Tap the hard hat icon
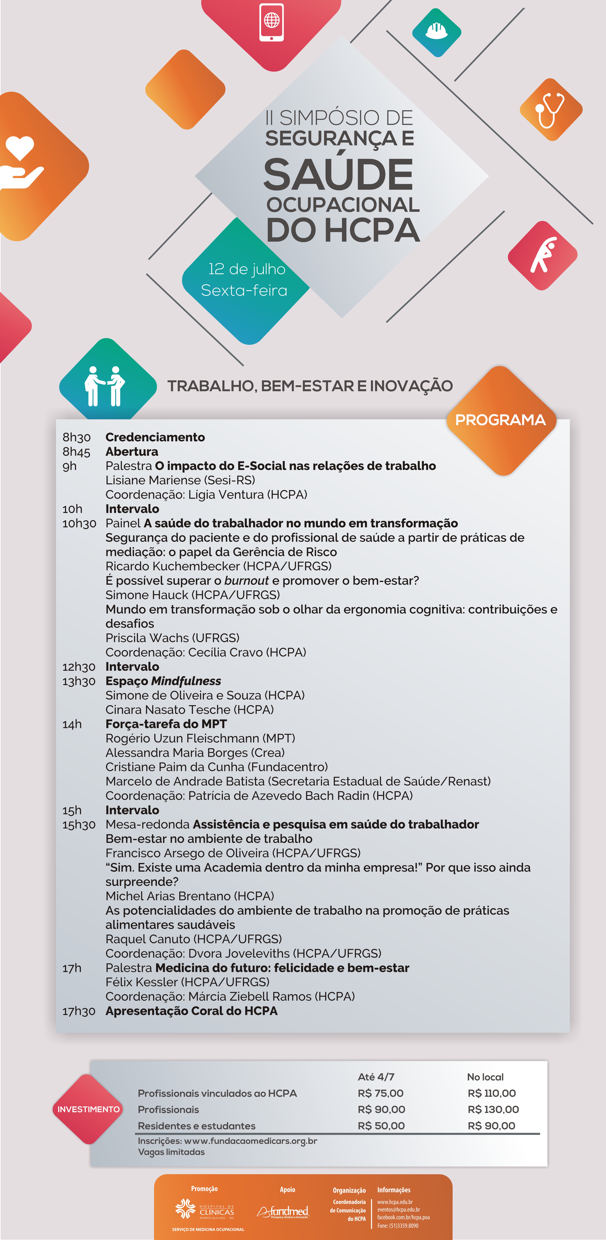coord(436,32)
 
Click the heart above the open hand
coord(20,147)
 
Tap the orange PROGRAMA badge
coord(501,420)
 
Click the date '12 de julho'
coord(247,269)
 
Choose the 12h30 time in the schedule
coord(78,667)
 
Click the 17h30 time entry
coord(78,1011)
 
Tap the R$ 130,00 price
coord(493,1109)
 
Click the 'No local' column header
coord(485,1077)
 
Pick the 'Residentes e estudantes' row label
coord(197,1125)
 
